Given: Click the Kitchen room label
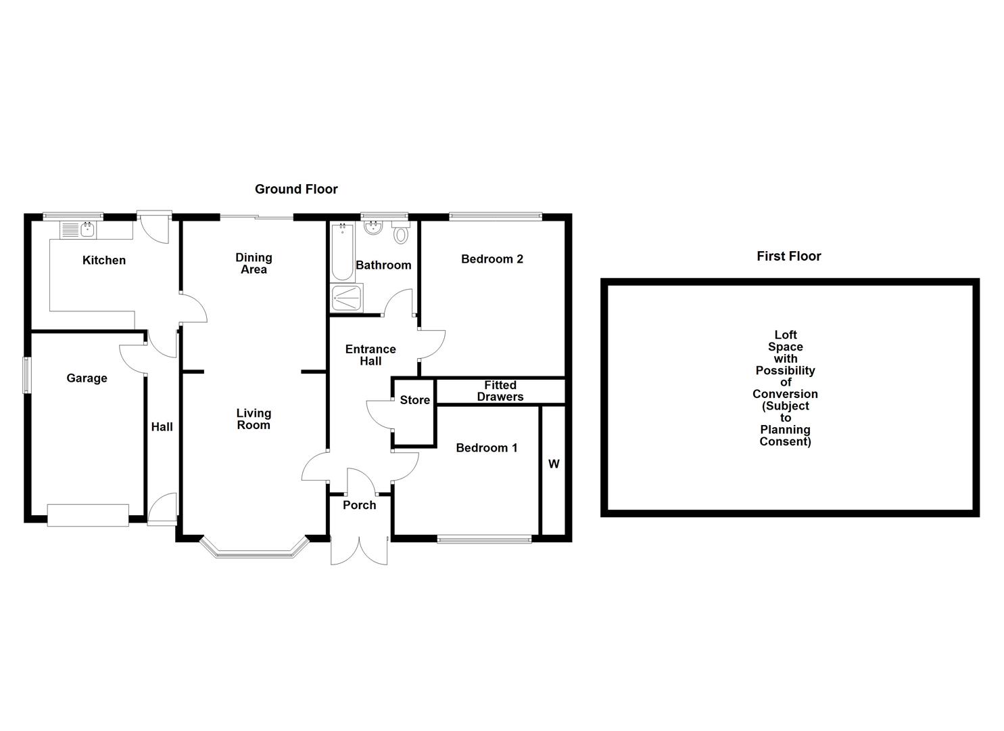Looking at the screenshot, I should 104,261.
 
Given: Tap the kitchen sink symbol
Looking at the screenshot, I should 87,229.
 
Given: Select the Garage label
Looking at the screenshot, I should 87,378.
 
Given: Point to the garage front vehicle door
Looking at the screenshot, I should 88,515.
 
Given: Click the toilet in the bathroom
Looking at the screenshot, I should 401,234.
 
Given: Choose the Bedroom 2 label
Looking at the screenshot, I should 492,259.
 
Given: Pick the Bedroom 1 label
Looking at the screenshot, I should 486,448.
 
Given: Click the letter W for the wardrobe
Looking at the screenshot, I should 554,464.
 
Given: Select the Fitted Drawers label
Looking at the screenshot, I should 500,391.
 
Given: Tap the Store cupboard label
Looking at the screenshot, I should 414,400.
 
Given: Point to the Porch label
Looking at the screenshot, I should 359,506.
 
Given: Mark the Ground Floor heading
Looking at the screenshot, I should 296,190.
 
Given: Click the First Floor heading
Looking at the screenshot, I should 788,257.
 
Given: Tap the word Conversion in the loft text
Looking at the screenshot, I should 785,394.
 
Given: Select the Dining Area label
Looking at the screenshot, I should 254,263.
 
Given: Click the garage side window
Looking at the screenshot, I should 26,375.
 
